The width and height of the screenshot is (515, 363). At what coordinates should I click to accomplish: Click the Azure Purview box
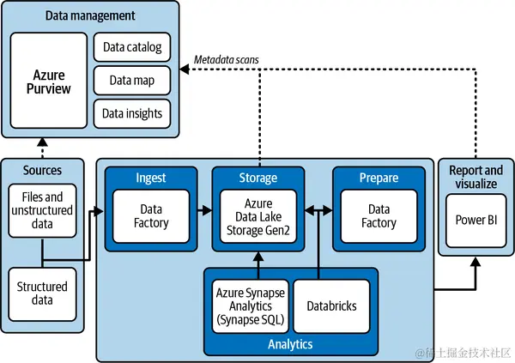click(x=49, y=82)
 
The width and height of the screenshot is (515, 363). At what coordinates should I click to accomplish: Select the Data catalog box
click(x=131, y=47)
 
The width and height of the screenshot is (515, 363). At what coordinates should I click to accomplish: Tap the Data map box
click(x=131, y=81)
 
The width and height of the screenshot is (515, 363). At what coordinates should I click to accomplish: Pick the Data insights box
click(x=131, y=113)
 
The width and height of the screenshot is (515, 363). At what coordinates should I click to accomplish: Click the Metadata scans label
click(x=227, y=58)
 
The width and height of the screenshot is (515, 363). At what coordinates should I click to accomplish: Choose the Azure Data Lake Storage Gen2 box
click(x=258, y=215)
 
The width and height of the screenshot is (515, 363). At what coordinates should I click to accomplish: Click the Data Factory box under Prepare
click(x=379, y=215)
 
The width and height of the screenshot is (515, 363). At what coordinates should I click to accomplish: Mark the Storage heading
click(x=257, y=178)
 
